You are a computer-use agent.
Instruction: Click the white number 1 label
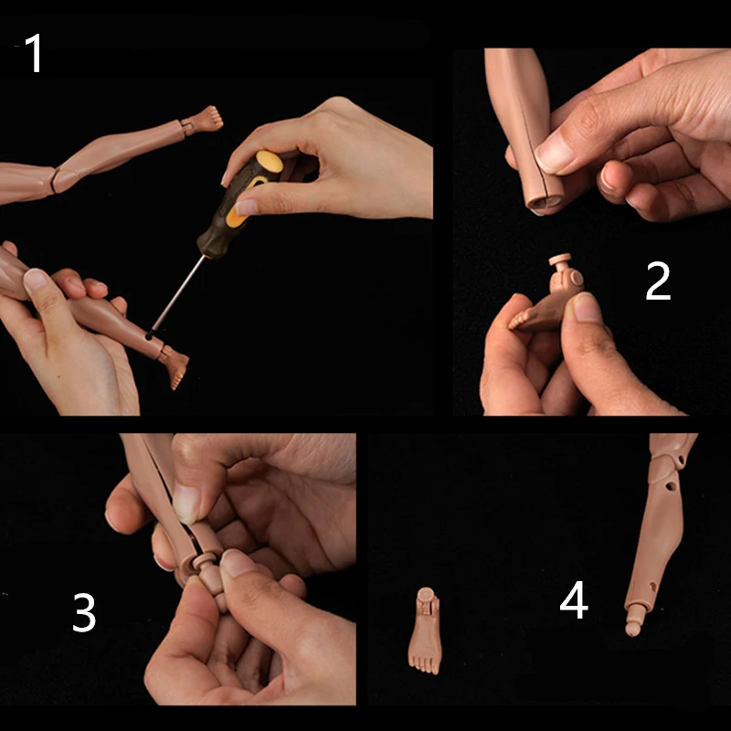(35, 53)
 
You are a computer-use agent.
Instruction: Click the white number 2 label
(658, 281)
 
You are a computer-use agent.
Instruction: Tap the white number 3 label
(84, 612)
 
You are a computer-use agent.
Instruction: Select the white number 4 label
(574, 600)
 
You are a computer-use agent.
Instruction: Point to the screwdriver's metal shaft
(178, 293)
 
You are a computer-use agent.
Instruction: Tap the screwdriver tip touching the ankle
(149, 335)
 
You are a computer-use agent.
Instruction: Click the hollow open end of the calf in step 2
(545, 204)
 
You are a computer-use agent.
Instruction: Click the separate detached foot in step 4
(425, 630)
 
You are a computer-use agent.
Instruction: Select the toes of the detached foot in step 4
(425, 665)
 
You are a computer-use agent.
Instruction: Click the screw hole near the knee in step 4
(671, 486)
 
